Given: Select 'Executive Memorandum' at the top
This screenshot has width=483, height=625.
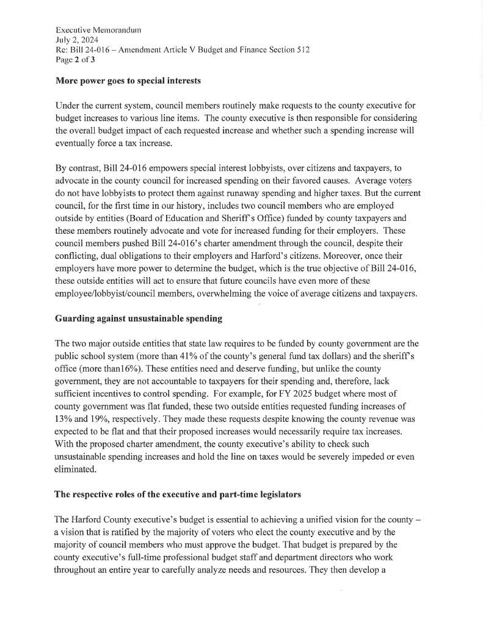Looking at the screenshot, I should pos(94,29).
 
